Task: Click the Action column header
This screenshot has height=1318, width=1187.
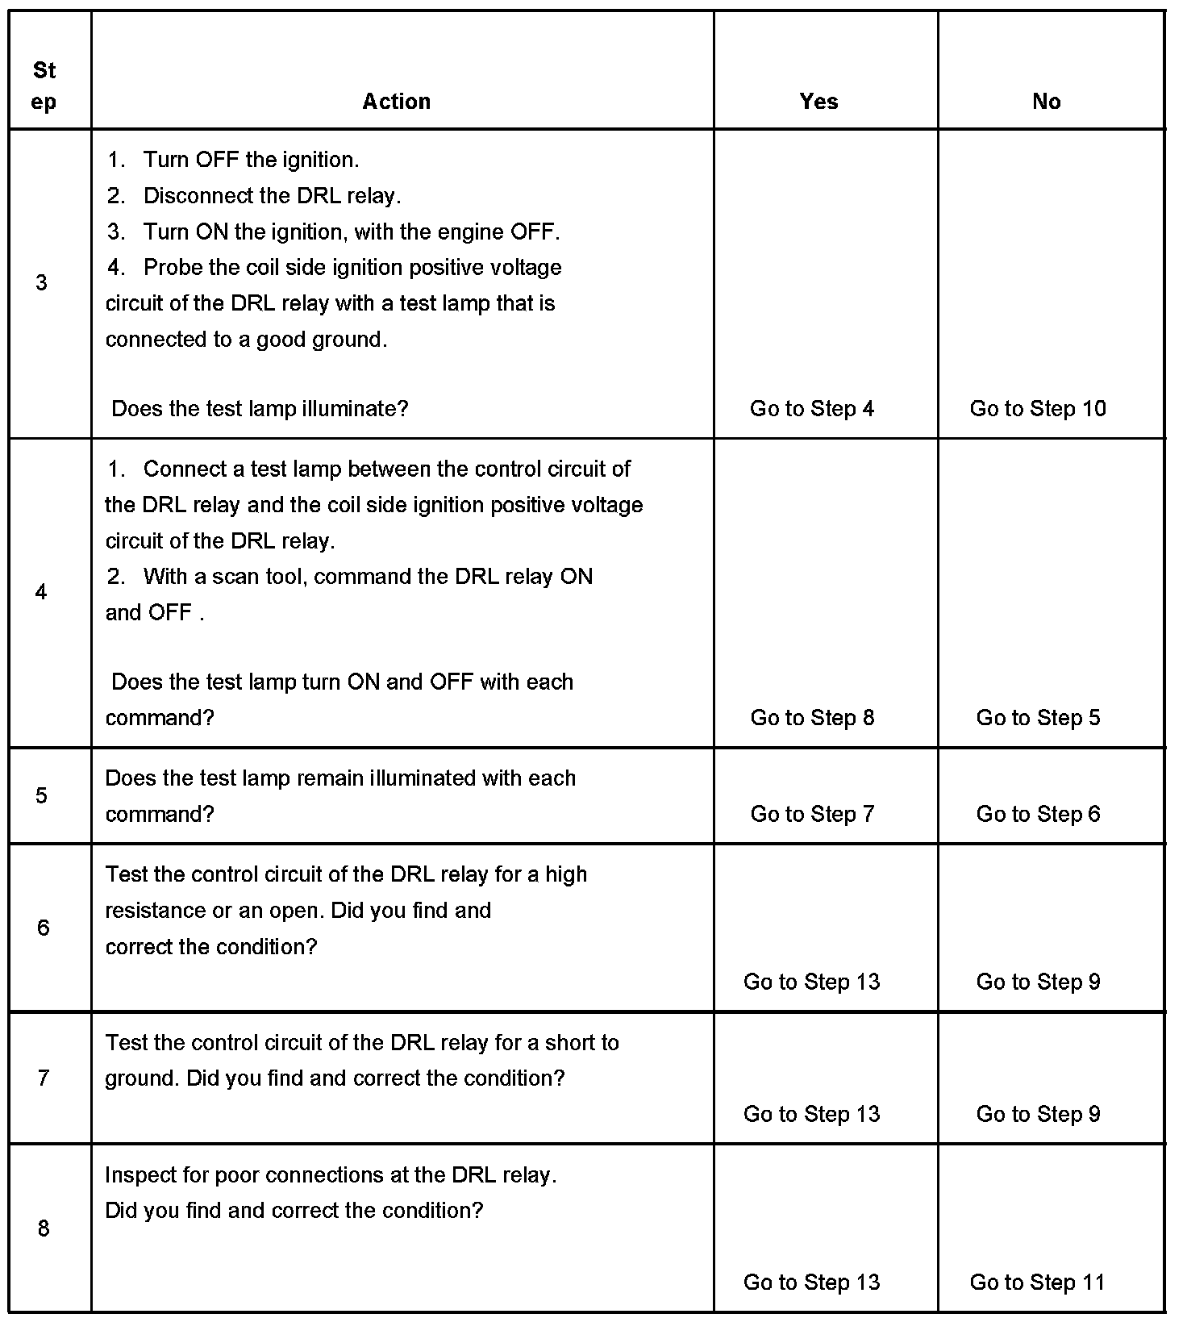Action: click(396, 102)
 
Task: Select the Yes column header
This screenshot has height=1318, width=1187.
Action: click(818, 102)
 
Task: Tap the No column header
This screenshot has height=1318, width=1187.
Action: click(1046, 102)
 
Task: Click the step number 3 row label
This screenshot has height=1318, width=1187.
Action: click(42, 282)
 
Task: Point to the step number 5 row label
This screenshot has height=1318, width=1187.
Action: click(42, 796)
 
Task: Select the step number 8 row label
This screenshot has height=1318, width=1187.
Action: click(44, 1228)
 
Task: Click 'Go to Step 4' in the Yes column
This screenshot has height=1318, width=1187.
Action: click(811, 409)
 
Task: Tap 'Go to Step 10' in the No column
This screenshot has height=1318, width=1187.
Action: click(1038, 409)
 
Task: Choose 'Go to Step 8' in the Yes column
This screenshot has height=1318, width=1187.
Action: click(812, 718)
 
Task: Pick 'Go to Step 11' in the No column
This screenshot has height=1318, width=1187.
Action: click(1037, 1282)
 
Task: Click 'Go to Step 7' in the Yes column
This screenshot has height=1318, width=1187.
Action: click(812, 814)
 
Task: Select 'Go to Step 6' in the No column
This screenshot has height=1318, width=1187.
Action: click(1038, 814)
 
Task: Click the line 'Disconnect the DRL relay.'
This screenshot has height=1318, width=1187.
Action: click(272, 196)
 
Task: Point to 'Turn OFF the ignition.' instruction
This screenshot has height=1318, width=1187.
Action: click(251, 160)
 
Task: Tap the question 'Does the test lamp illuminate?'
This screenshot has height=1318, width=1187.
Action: click(260, 409)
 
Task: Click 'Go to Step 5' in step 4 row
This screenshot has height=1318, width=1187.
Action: click(1038, 718)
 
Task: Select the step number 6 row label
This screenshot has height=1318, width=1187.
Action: click(44, 928)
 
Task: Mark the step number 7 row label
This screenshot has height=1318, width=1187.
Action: click(44, 1078)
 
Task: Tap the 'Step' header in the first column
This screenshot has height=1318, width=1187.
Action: click(44, 86)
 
